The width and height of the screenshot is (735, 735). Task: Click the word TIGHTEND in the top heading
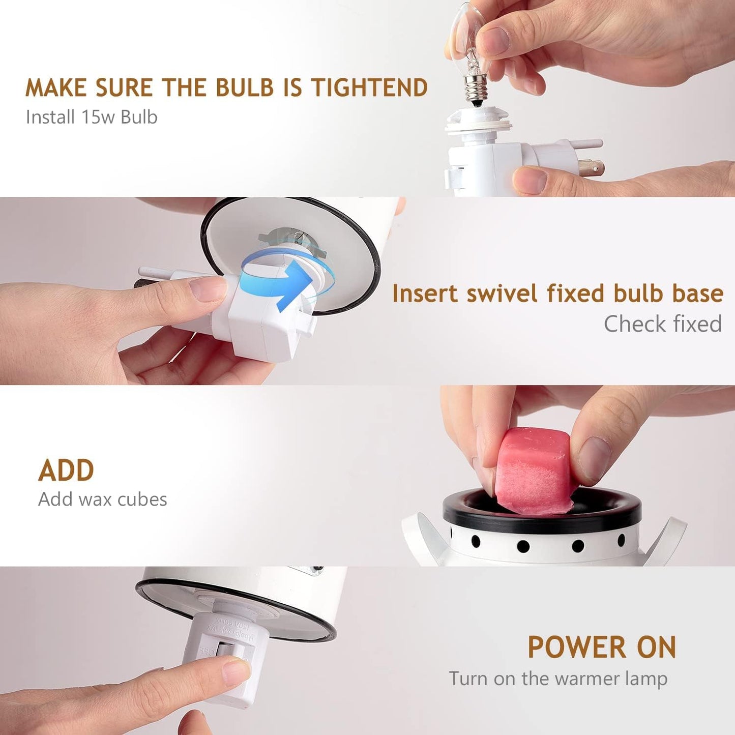[369, 87]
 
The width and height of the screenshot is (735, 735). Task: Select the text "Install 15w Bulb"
[92, 116]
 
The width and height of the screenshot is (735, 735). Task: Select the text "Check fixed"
[663, 324]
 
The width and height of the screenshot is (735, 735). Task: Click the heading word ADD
[66, 471]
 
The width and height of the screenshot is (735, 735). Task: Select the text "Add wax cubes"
[103, 499]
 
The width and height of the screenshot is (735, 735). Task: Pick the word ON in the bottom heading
[657, 647]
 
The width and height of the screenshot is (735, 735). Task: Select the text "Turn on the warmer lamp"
[558, 679]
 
